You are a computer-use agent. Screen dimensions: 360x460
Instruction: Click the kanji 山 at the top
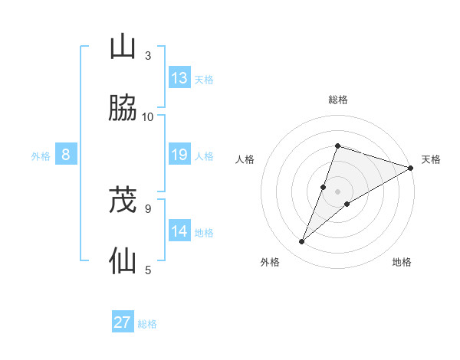pos(123,47)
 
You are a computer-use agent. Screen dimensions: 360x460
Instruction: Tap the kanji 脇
pos(123,108)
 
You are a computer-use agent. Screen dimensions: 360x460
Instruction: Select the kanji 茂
pos(123,201)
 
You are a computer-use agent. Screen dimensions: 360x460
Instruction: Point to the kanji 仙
pos(123,261)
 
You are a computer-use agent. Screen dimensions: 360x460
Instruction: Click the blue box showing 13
pos(179,78)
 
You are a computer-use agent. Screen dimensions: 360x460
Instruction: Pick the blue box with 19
pos(179,155)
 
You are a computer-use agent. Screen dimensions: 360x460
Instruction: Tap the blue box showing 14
pos(179,231)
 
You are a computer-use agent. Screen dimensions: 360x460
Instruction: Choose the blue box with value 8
pos(66,155)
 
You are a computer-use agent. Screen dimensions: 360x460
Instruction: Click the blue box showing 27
pos(123,322)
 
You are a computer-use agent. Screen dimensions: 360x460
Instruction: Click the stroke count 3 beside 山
pos(148,55)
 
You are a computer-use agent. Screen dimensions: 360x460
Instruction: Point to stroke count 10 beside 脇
pos(148,116)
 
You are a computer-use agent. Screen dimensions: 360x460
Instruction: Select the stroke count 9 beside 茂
pos(148,208)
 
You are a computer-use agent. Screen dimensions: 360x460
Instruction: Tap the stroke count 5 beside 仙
pos(148,270)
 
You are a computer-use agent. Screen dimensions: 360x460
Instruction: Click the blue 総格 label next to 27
pos(147,324)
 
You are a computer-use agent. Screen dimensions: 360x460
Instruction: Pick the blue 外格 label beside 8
pos(41,156)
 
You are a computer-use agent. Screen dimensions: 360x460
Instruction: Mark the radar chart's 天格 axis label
pos(432,159)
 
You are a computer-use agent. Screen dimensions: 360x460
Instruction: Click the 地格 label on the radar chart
pos(402,262)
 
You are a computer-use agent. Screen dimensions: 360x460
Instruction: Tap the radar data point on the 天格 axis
pos(410,168)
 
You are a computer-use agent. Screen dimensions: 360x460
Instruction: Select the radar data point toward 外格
pos(302,242)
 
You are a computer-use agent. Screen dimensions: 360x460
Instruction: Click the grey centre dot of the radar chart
pos(338,191)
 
